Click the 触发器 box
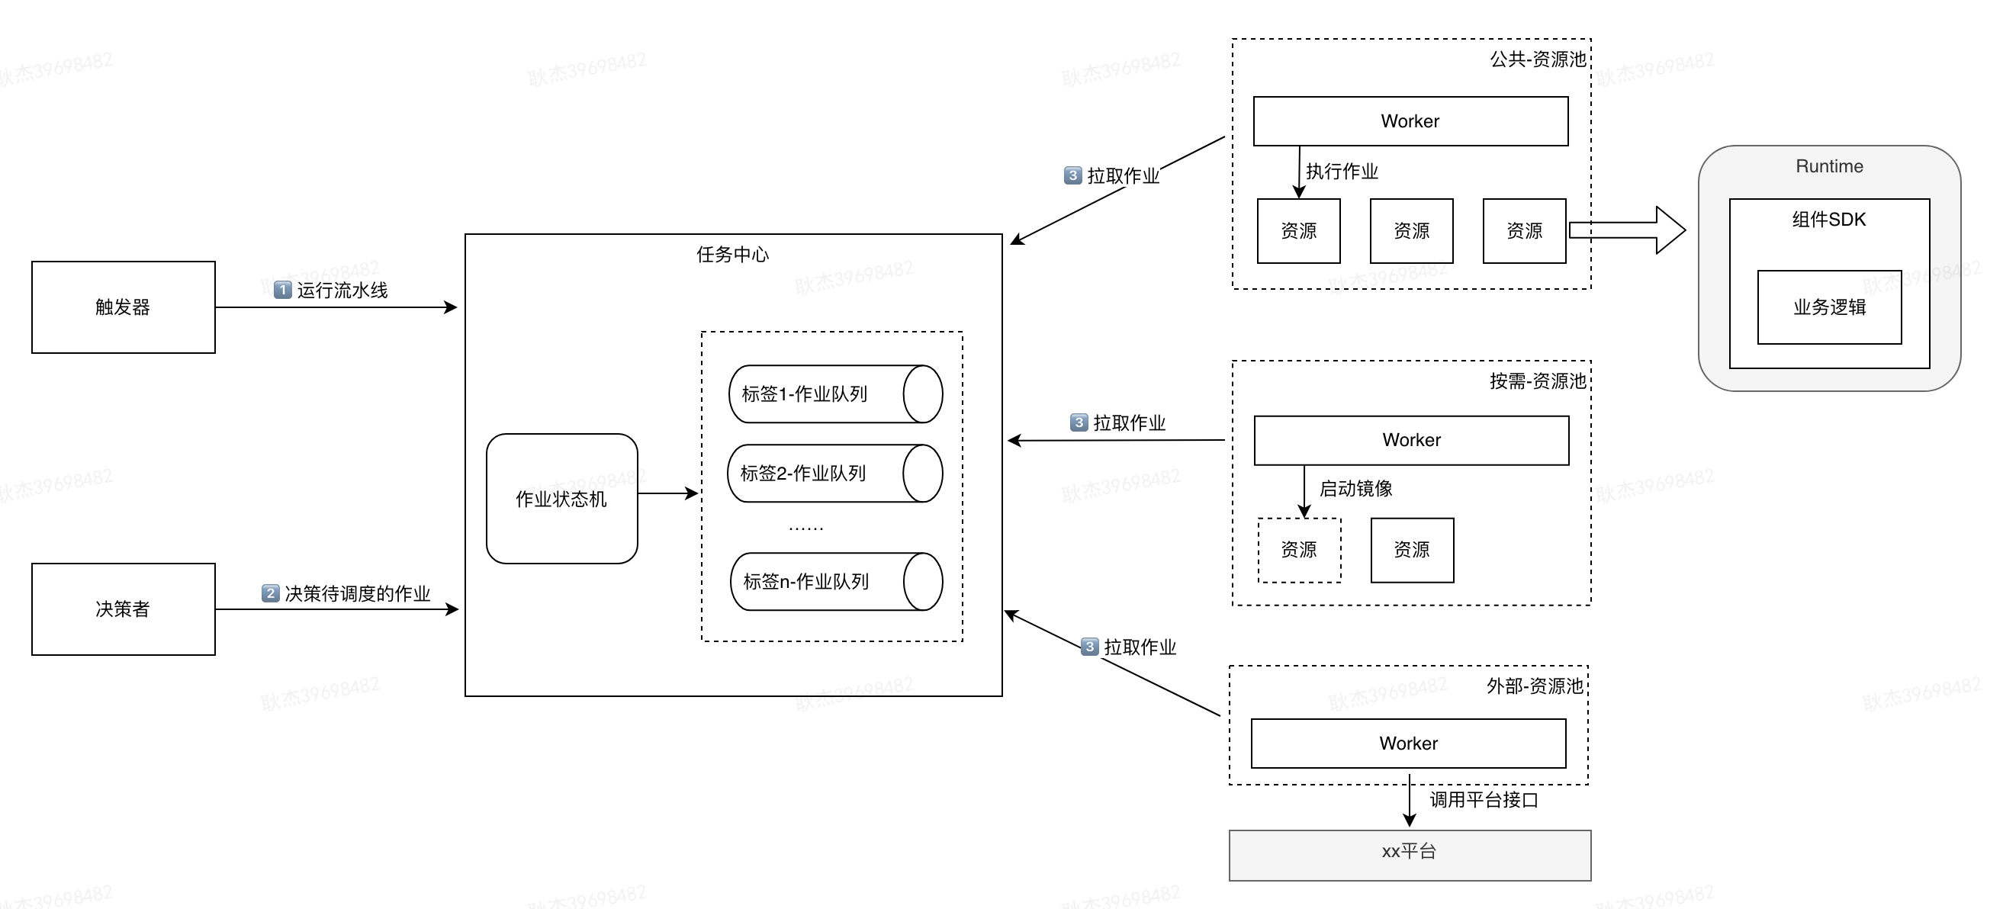(123, 307)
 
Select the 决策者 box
(123, 609)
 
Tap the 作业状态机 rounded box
(561, 499)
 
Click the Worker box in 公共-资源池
(1410, 121)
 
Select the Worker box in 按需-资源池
(1410, 440)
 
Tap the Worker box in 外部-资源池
(1407, 744)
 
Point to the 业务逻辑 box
(1829, 307)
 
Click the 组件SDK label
(1829, 220)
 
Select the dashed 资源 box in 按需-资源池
(1298, 550)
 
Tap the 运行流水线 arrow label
(341, 291)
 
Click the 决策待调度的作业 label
(356, 594)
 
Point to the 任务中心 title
(731, 254)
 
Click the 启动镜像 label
(1355, 488)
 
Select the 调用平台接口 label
(1483, 800)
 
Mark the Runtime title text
(1829, 166)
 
